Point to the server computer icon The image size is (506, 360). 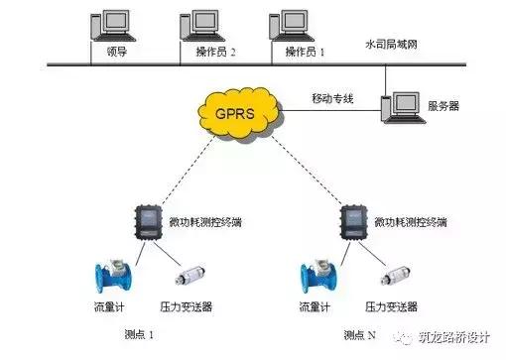pyautogui.click(x=407, y=107)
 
